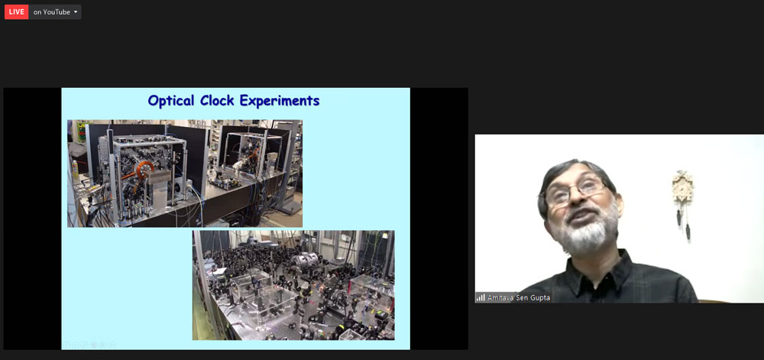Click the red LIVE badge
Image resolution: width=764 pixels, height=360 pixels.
[x=16, y=12]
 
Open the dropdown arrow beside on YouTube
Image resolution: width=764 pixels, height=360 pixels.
[x=76, y=12]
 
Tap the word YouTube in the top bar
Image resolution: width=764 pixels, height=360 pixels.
[x=57, y=12]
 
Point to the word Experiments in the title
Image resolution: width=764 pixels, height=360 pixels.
[x=280, y=102]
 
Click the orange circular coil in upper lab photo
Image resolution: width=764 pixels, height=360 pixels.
[x=144, y=168]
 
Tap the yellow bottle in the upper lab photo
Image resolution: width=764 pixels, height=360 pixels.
[x=75, y=169]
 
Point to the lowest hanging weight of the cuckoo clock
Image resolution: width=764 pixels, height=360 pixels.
[x=688, y=231]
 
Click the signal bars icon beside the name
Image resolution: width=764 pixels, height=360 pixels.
[x=481, y=297]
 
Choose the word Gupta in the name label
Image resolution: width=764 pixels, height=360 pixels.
[x=540, y=297]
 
